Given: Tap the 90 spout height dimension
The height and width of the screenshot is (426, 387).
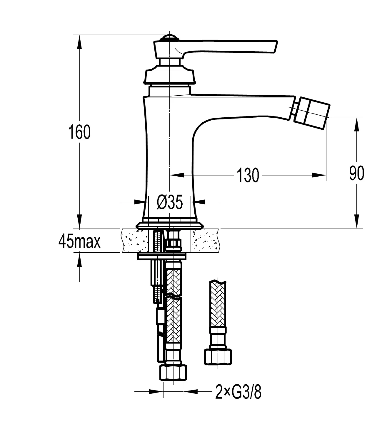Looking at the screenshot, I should (356, 173).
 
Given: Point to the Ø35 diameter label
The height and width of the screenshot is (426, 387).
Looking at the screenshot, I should (170, 202).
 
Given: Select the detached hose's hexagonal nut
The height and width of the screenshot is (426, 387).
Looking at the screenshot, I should (218, 356).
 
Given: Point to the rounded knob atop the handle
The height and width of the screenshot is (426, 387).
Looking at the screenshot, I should (170, 38).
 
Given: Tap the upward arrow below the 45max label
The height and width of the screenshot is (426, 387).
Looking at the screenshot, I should (79, 260).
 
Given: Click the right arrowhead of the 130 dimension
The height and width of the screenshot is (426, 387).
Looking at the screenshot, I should (319, 175).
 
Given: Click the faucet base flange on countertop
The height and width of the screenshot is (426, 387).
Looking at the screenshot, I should (170, 225).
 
